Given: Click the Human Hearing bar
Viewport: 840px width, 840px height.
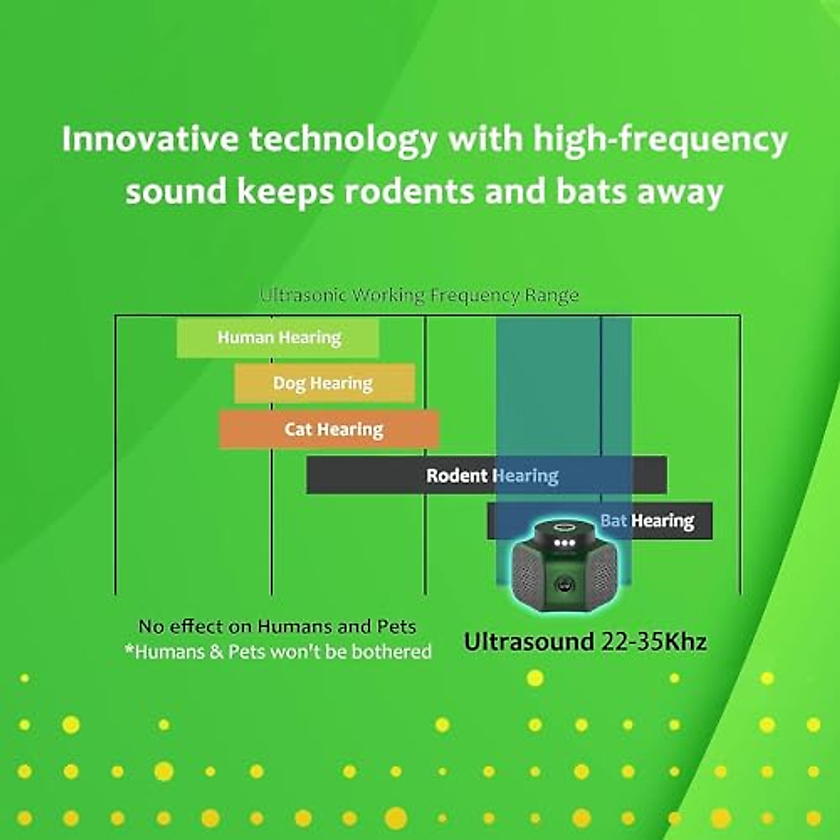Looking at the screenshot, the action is (278, 338).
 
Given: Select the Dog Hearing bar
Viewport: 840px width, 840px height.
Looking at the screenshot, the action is (324, 384).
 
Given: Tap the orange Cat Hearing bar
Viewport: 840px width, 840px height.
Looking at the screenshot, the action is (328, 429).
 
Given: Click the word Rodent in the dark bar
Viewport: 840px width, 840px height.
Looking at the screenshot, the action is (457, 475).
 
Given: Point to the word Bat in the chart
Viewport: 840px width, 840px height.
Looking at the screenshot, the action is (614, 521).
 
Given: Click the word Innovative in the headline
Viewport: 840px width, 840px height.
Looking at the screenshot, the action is (150, 139).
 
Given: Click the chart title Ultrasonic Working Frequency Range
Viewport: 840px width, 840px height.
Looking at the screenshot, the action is (419, 296).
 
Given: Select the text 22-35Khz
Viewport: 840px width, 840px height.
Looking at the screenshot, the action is (653, 642).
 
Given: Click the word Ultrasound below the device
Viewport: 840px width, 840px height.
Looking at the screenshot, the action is (529, 642).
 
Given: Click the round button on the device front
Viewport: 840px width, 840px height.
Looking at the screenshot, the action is (565, 585).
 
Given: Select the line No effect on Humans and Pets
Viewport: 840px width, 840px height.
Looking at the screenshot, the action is (277, 626).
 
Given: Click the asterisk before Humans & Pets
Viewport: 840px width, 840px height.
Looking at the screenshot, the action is (129, 649).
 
